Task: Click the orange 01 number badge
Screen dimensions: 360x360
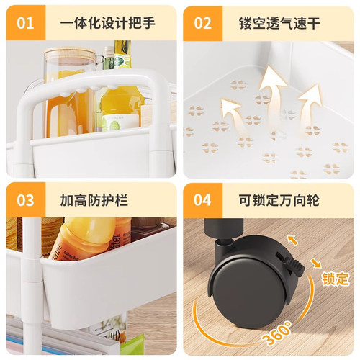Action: pos(26,22)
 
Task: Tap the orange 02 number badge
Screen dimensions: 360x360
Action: pos(203,22)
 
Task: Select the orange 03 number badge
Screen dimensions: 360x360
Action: pos(26,199)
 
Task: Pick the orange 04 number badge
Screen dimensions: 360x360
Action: pos(203,199)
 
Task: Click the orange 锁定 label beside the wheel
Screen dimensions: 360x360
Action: pos(336,278)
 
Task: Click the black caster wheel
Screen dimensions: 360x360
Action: pos(248,288)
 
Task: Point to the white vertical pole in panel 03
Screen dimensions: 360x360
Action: pos(31,288)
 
